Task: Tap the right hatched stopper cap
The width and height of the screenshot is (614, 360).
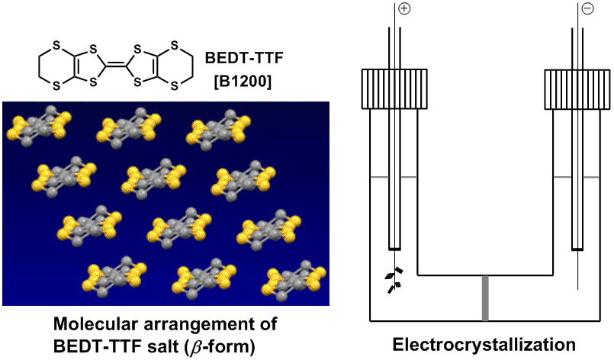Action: coord(577,88)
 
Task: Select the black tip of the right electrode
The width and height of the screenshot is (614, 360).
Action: coord(577,248)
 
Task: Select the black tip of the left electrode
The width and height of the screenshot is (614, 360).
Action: coord(394,248)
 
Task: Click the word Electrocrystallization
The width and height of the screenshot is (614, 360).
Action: coord(484,343)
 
